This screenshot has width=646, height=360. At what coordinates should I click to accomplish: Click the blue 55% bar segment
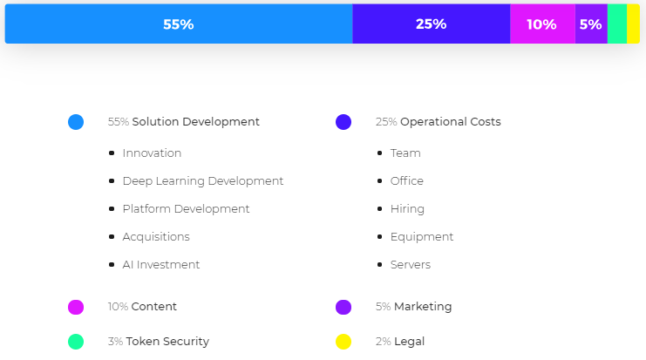point(179,24)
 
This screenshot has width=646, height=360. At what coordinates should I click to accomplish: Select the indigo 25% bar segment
point(431,24)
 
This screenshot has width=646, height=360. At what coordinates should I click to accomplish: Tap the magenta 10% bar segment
point(541,24)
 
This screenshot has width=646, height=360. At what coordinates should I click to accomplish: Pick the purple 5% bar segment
point(590,24)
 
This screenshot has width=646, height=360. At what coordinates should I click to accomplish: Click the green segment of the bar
point(617,24)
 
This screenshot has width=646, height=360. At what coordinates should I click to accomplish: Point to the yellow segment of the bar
point(633,24)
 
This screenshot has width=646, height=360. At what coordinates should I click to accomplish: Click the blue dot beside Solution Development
point(76,122)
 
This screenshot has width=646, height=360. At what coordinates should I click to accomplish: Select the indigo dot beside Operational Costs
point(343,122)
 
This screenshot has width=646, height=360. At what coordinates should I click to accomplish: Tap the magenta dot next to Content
point(76,307)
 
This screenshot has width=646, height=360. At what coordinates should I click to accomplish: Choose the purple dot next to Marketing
point(343,307)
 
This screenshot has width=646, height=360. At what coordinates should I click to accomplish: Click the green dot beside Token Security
point(76,342)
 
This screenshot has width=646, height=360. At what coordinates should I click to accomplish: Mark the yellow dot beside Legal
point(343,342)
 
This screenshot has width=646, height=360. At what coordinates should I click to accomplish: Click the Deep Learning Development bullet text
point(203,181)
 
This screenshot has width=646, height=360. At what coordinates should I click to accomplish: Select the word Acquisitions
point(156,237)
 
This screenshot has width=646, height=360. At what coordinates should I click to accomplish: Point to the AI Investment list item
point(161,265)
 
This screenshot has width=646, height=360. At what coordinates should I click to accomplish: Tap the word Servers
point(411,265)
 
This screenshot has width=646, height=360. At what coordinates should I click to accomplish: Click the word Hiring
point(407,209)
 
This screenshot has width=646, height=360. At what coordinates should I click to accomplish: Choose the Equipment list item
point(422,237)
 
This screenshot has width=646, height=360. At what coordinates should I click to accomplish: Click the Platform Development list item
point(186,209)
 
